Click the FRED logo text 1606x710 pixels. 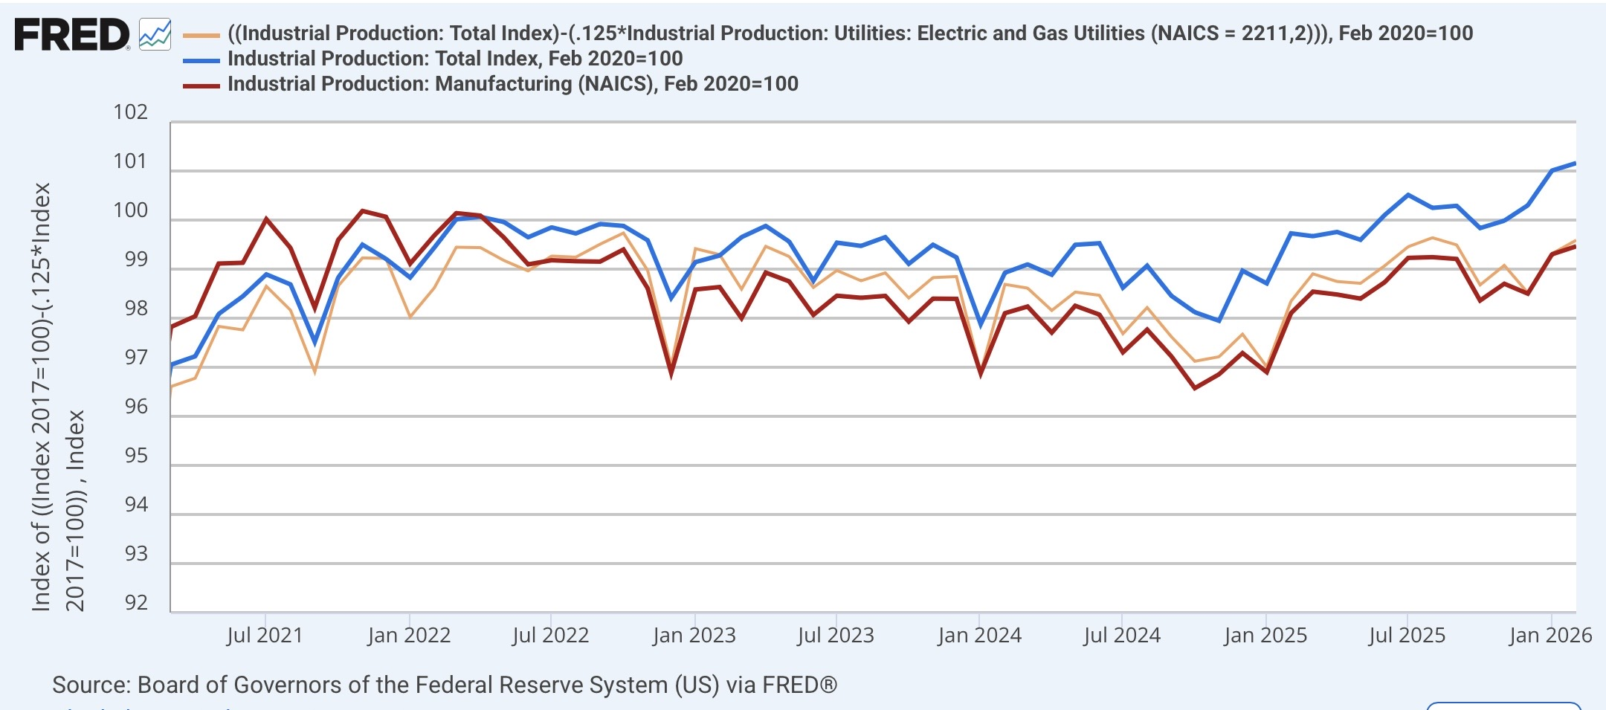point(71,35)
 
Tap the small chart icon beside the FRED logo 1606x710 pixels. point(155,35)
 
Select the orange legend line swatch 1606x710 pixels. point(201,35)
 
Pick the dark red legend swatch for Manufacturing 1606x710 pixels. point(201,85)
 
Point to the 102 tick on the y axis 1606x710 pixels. point(130,112)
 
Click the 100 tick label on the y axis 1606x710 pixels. point(130,210)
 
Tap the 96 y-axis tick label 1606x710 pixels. point(136,407)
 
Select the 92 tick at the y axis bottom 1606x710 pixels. point(136,602)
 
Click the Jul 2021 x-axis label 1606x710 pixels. point(265,636)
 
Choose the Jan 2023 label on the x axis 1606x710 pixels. point(694,636)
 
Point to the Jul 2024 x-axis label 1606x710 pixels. point(1121,636)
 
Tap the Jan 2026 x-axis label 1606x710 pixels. point(1550,636)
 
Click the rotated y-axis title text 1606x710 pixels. point(58,398)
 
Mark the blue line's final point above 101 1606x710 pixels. point(1575,164)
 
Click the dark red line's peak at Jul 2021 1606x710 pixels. point(265,219)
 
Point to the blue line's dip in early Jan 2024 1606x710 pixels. point(981,325)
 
